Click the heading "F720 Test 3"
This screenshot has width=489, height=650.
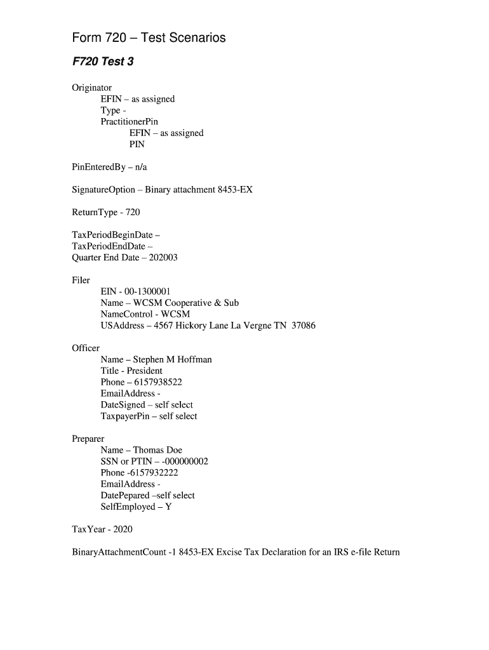tap(103, 62)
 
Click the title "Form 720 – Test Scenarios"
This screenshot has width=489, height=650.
tap(149, 38)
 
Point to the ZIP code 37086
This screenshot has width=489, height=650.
tap(304, 326)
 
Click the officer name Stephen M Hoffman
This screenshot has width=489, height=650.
tap(172, 359)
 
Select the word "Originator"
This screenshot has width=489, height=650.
tap(92, 88)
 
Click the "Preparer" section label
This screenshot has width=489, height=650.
tap(88, 439)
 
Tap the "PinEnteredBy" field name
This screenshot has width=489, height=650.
tap(98, 167)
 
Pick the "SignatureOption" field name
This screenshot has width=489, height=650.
tap(104, 190)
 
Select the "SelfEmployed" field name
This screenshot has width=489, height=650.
tap(128, 507)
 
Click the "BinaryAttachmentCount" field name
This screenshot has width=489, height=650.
tap(119, 552)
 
